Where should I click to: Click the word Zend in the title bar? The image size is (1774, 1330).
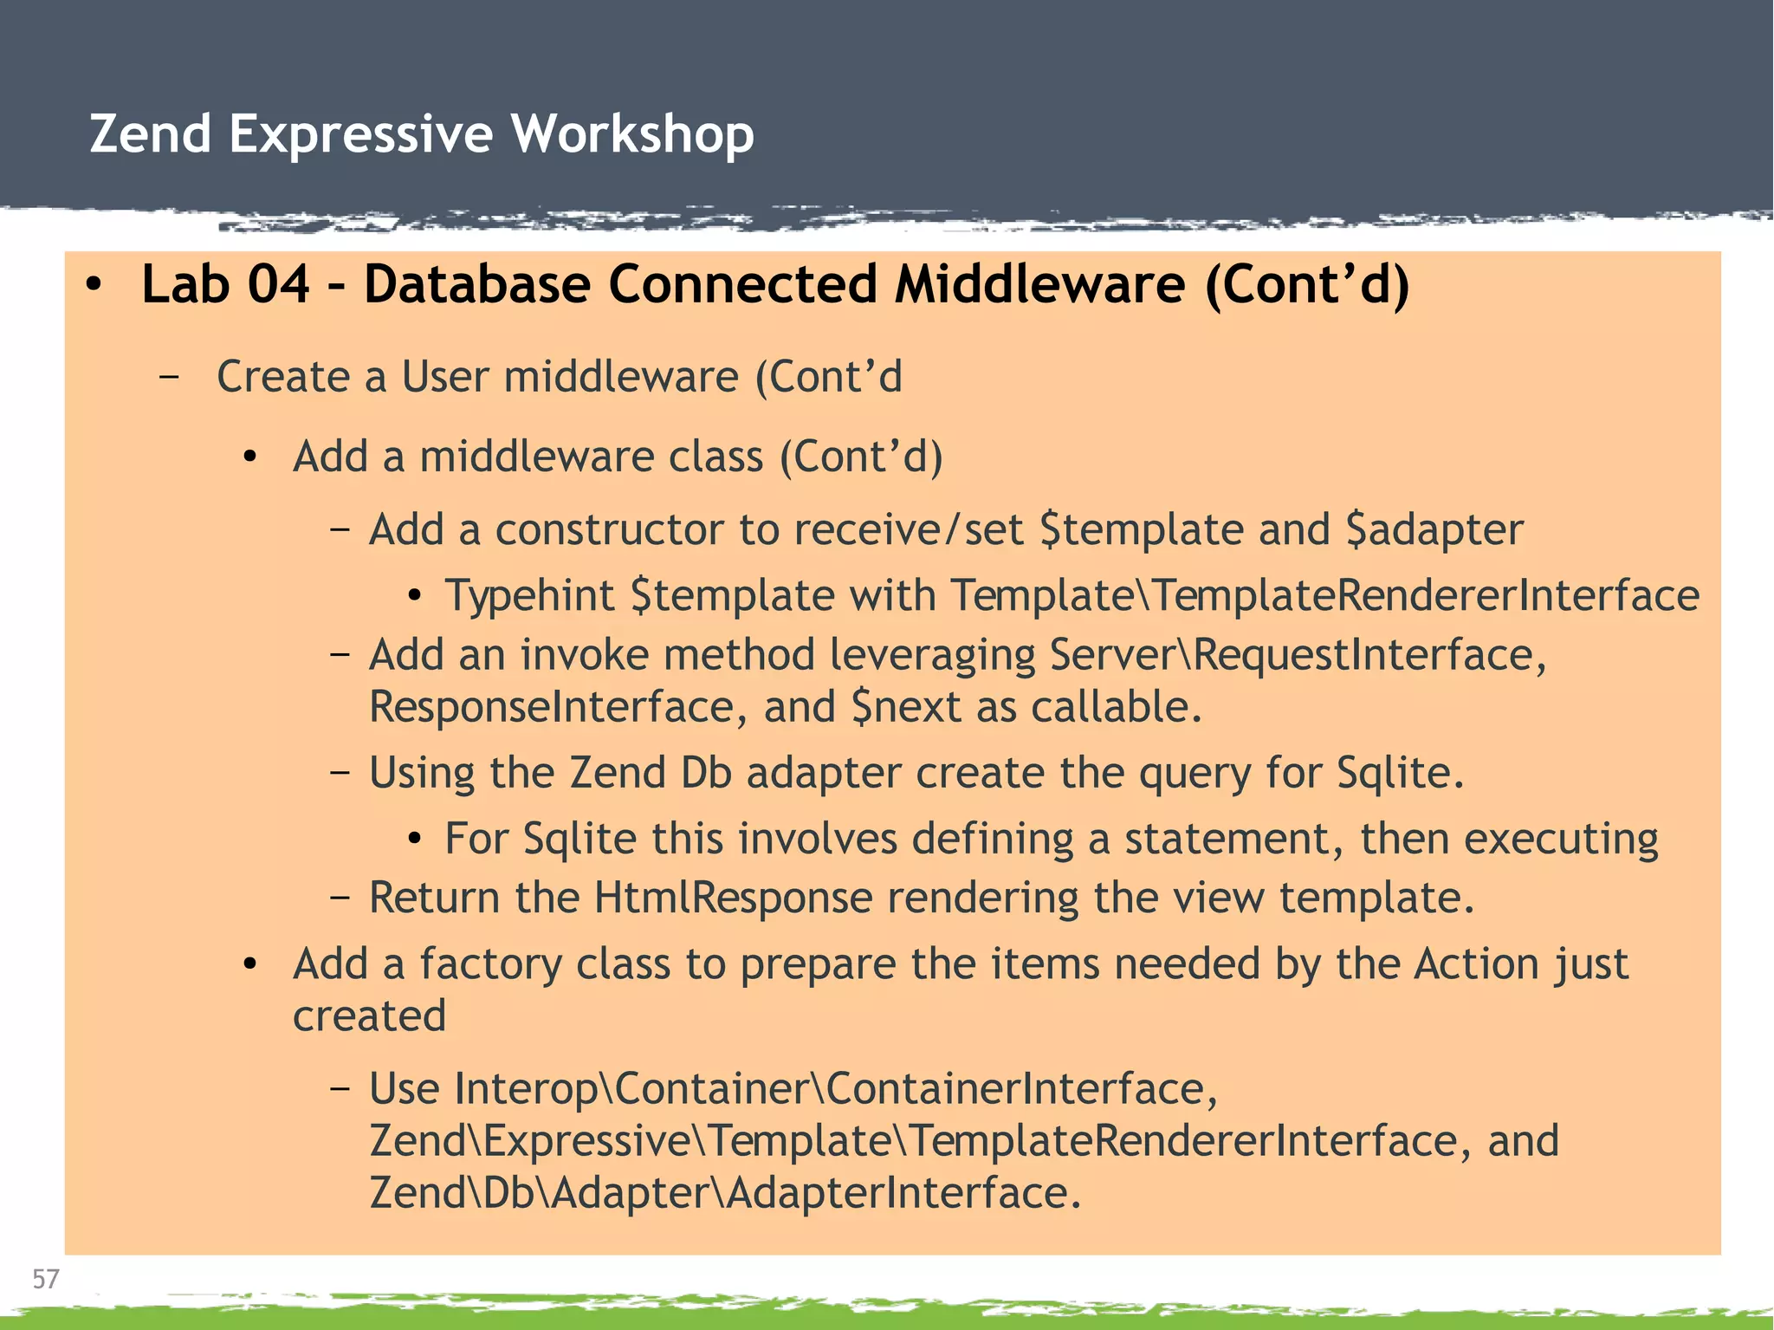click(150, 134)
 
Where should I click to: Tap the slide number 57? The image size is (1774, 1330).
click(45, 1279)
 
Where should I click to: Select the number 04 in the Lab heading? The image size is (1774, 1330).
click(278, 284)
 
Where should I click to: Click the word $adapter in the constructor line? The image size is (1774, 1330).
click(1434, 529)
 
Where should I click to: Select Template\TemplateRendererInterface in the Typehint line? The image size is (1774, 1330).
click(1324, 596)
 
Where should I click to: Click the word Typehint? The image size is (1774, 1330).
click(529, 596)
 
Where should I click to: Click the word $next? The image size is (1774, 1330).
click(906, 707)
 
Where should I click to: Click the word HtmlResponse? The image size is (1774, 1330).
click(733, 898)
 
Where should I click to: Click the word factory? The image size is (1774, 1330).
click(490, 964)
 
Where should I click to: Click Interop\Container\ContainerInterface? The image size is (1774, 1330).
click(792, 1089)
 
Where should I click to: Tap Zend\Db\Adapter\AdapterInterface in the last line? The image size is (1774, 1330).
click(724, 1193)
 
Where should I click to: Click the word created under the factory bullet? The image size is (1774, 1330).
click(369, 1016)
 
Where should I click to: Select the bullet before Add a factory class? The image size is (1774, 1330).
click(250, 964)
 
